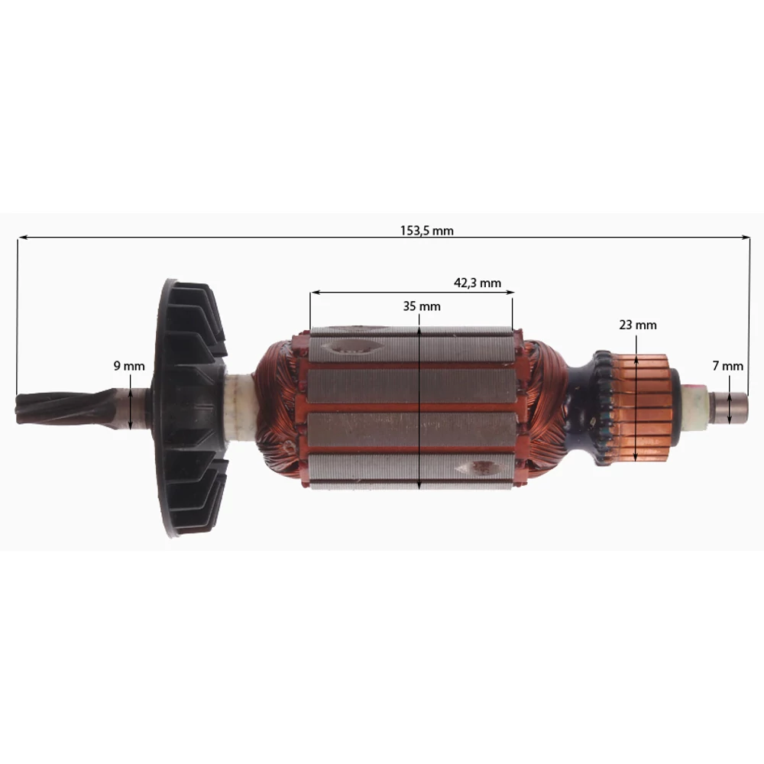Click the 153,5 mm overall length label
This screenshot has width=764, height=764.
coord(426,231)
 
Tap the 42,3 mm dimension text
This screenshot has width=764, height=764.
coord(477,283)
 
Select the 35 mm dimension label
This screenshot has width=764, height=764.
coord(422,306)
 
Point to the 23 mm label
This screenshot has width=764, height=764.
coord(638,325)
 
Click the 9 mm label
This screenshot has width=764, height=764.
coord(129,366)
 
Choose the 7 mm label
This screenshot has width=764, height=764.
coord(727,366)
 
